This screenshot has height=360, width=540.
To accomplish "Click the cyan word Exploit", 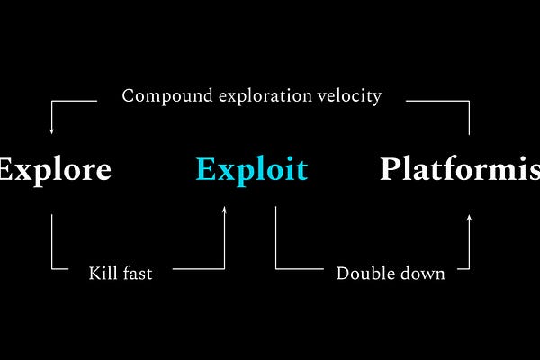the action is pos(251,169).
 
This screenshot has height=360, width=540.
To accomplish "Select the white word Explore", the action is pos(54,169).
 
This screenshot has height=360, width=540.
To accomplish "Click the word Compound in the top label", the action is pos(160,94).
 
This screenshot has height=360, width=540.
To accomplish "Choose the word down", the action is pos(422,273).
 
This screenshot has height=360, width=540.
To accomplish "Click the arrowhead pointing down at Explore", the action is pos(51,131).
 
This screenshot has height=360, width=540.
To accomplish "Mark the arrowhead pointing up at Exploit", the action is pos(225,210).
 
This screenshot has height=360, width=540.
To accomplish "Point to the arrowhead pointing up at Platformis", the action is pos(469,215).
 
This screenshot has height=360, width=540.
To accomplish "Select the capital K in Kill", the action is pos(94,273).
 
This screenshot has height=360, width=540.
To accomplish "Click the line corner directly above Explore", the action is pos(51,102).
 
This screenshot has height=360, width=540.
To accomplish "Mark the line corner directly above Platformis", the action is pos(469,102).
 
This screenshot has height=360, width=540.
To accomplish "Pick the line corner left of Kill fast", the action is pos(51,267).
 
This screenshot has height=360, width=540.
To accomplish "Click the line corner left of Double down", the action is pos(275,267).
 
